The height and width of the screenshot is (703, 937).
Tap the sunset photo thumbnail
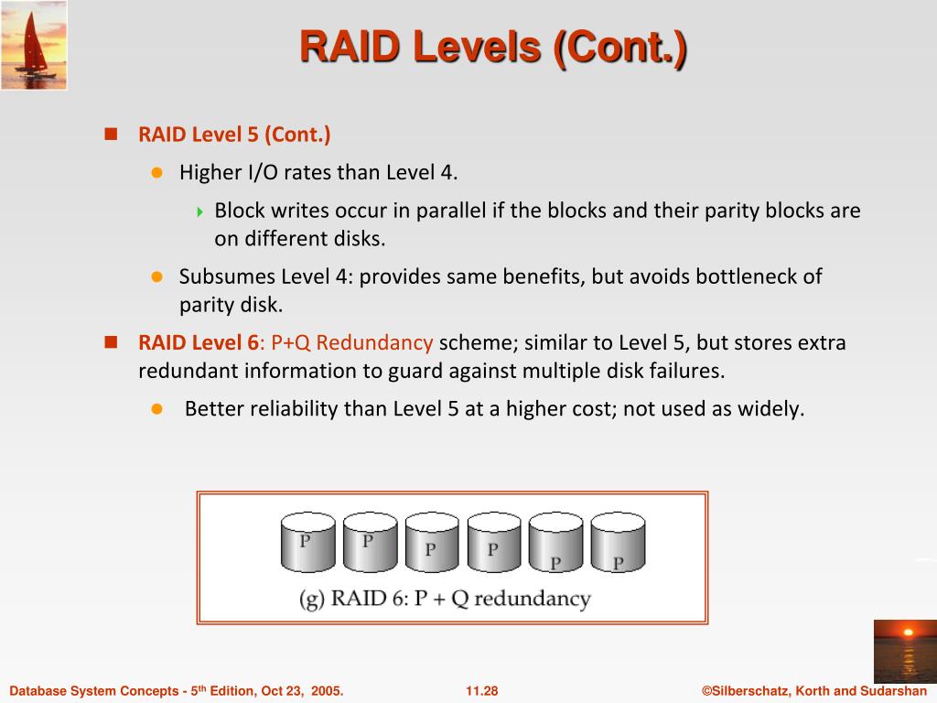coord(904,651)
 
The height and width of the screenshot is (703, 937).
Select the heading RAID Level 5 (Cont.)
coord(234,135)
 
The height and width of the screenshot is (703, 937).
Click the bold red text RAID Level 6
coord(199,343)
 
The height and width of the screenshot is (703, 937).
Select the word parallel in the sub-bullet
coord(451,211)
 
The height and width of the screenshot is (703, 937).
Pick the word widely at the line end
coord(770,408)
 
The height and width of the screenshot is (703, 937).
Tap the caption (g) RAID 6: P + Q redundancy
coord(445,600)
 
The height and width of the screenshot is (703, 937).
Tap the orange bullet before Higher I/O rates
coord(156,172)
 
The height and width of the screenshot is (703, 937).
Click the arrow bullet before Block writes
coord(201,211)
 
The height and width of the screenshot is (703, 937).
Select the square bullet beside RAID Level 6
coord(112,342)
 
